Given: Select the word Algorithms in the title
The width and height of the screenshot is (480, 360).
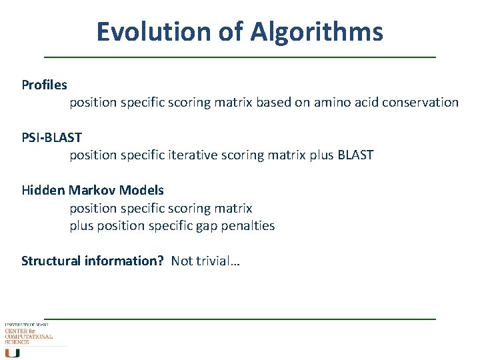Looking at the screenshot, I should (317, 31).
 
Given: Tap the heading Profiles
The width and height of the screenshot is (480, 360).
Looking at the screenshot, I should (44, 85).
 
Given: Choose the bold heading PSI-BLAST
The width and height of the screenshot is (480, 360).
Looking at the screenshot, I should (51, 137).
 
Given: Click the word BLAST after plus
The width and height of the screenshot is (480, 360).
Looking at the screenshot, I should (356, 155).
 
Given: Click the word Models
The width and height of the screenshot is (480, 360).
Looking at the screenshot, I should (141, 190).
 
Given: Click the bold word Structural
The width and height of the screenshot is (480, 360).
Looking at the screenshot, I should (51, 261).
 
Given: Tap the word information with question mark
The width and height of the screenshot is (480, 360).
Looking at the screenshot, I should (124, 261).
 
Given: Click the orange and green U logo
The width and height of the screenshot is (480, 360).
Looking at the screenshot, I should (13, 353).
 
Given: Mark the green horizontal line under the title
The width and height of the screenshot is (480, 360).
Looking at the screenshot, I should (240, 57).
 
